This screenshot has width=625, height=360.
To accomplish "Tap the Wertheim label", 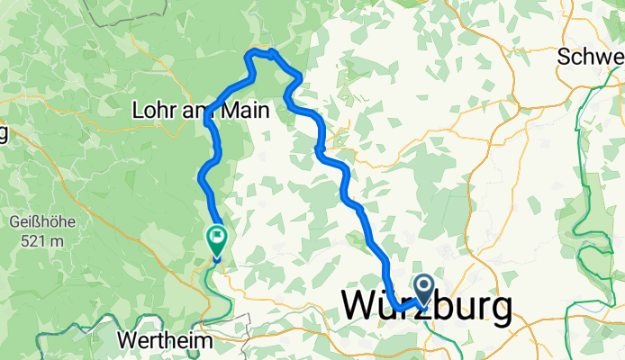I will coord(165,342).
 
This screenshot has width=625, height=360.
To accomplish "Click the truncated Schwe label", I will coord(591,56).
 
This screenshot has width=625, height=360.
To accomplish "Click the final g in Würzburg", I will coord(501,310).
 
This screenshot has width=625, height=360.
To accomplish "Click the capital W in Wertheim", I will coord(127,342).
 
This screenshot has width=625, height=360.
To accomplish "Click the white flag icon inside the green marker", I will coord(217,238).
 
